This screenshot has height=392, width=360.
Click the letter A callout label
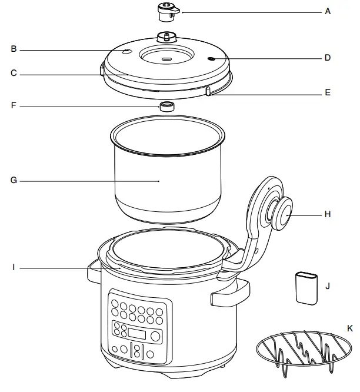(328, 11)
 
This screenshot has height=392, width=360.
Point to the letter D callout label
(328, 58)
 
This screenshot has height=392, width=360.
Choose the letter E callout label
(328, 92)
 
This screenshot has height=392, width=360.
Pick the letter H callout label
(328, 215)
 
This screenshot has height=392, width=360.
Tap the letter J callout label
(328, 287)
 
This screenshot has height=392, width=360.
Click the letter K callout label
(350, 327)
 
